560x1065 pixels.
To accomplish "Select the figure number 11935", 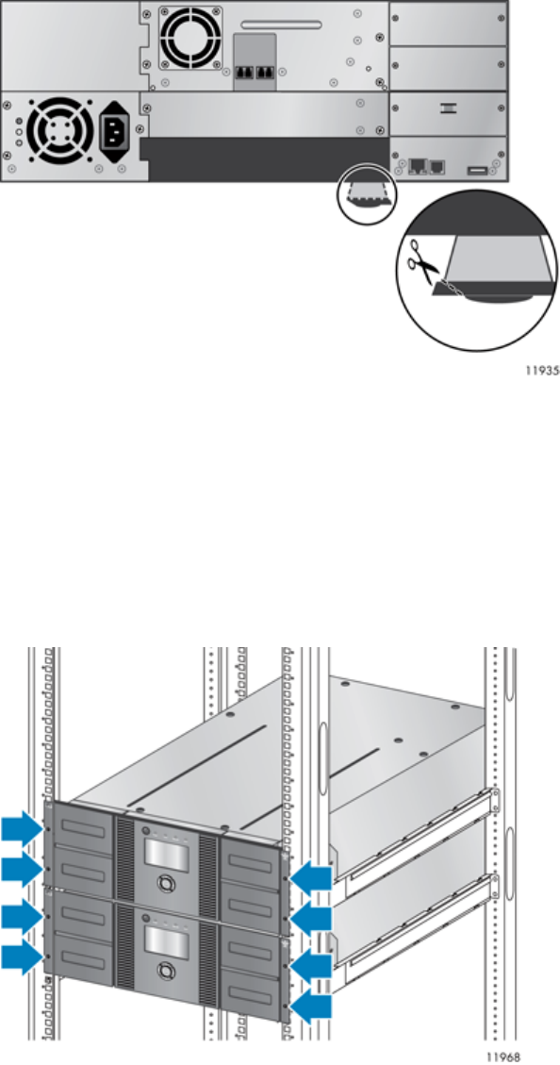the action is (542, 373).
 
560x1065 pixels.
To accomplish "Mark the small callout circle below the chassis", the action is (368, 191).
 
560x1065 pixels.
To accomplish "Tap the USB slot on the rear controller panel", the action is (477, 169).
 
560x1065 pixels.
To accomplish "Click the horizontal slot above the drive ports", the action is (280, 25).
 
